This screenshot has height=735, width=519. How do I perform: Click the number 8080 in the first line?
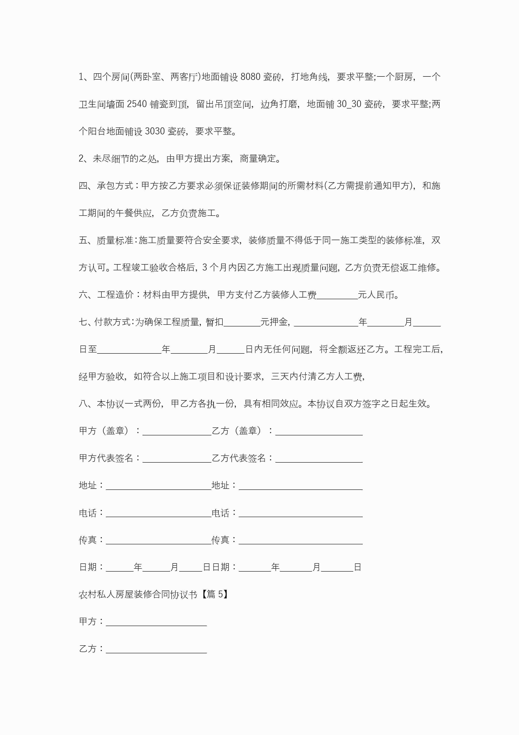click(x=250, y=77)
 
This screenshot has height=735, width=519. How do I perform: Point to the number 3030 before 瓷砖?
click(x=155, y=131)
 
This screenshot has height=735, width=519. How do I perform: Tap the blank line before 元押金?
click(x=242, y=322)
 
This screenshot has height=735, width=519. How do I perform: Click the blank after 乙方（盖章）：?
click(x=319, y=432)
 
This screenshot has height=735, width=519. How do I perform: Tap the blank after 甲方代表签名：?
click(x=177, y=459)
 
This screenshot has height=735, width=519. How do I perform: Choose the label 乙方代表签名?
click(x=239, y=458)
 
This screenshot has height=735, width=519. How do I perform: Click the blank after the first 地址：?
click(x=158, y=486)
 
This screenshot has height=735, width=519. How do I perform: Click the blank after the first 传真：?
click(x=158, y=540)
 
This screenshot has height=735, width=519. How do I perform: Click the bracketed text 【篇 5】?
click(x=214, y=594)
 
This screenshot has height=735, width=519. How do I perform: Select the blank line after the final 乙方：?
click(x=156, y=650)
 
